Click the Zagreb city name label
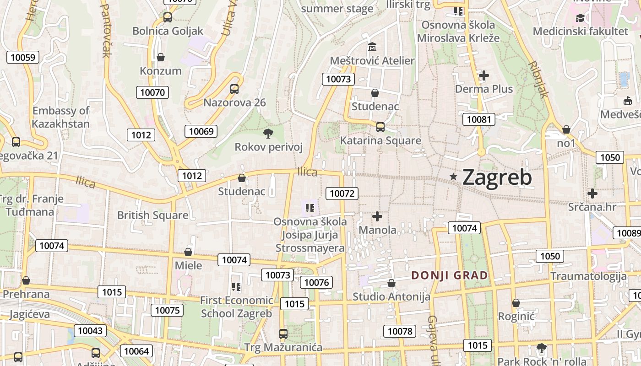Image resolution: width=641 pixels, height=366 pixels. click(x=497, y=178)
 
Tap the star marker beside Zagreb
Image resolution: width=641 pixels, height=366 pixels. click(x=454, y=177)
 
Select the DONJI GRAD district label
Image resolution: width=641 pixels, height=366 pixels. click(x=450, y=275)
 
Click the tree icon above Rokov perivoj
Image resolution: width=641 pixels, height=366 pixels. click(x=268, y=133)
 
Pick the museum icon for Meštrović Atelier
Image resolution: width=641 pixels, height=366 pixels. click(x=372, y=47)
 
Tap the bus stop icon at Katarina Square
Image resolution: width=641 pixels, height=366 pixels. click(x=380, y=127)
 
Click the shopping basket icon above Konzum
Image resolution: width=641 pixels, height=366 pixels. click(x=161, y=57)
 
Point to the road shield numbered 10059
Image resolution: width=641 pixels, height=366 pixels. click(x=22, y=57)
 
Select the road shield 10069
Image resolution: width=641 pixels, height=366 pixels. click(x=201, y=131)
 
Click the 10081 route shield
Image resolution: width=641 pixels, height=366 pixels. click(x=479, y=120)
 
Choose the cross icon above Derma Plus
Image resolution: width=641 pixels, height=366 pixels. click(x=484, y=75)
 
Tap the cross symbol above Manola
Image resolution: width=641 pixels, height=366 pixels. click(x=377, y=216)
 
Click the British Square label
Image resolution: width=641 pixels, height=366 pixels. click(x=152, y=215)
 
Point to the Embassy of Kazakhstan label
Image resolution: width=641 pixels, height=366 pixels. click(x=61, y=117)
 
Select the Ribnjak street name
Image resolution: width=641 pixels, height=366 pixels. click(x=538, y=79)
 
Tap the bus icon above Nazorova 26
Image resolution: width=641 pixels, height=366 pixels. click(x=234, y=89)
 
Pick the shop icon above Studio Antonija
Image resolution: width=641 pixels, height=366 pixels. click(x=391, y=283)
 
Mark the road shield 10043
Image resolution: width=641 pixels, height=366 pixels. click(x=90, y=330)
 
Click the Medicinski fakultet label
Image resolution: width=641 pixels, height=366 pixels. click(x=581, y=31)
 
